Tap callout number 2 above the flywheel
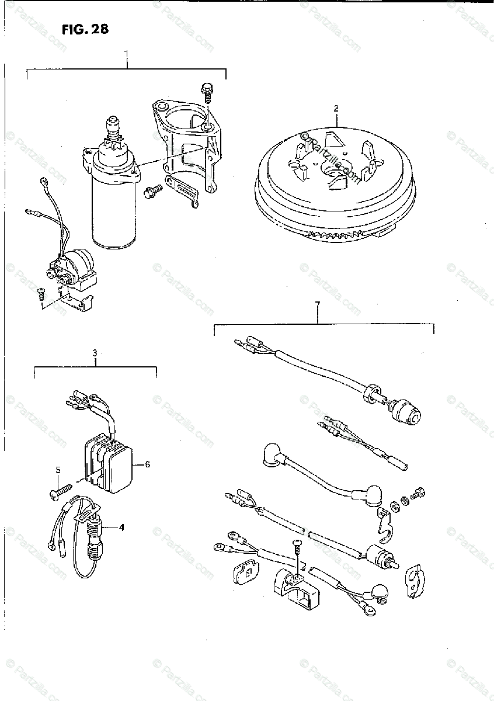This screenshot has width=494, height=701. coord(336,108)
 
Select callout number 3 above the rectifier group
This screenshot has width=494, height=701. coord(95,353)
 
